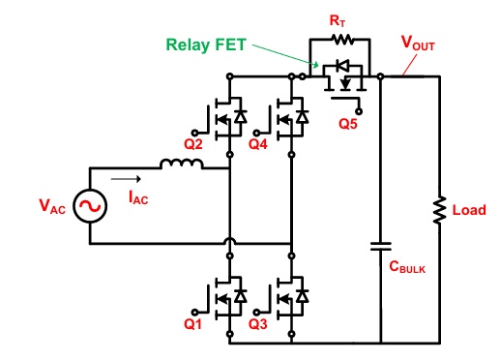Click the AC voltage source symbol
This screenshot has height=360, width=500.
coord(90,206)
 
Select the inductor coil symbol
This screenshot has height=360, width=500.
coord(182,164)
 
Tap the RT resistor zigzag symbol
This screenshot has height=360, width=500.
coord(342,40)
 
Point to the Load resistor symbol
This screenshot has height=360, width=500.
coord(439,210)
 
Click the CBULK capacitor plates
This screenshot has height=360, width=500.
coord(381,247)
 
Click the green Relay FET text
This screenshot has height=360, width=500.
coord(206,45)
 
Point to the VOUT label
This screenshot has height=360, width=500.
coord(418,43)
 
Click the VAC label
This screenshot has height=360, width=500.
coord(52,206)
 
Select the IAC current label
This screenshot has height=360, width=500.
coord(138,197)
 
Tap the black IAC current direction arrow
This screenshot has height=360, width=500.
coord(126,179)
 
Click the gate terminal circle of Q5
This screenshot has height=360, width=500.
coord(359,111)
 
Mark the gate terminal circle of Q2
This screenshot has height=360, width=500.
coord(194,133)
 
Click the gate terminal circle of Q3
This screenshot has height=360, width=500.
coord(256,312)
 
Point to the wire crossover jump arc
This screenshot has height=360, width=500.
coord(230,240)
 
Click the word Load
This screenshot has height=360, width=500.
coord(469,210)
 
